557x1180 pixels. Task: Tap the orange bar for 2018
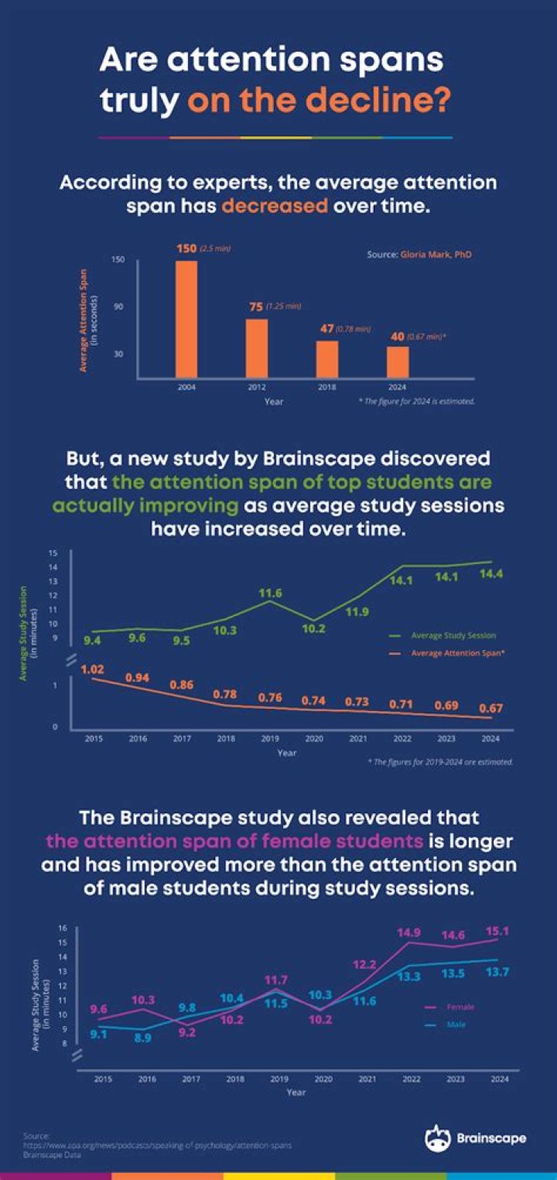coord(327,359)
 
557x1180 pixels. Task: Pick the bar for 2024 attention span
coord(398,362)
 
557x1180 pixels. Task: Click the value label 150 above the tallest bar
coord(187,248)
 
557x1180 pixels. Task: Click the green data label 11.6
coord(270,593)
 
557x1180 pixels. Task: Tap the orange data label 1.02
coord(93,668)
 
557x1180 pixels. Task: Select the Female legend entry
coord(460,1007)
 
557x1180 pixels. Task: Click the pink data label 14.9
coord(408,932)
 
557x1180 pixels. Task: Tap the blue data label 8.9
coord(142,1038)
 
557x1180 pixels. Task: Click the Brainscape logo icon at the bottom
coord(436,1137)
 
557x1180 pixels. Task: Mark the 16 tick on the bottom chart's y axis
coord(63,928)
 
